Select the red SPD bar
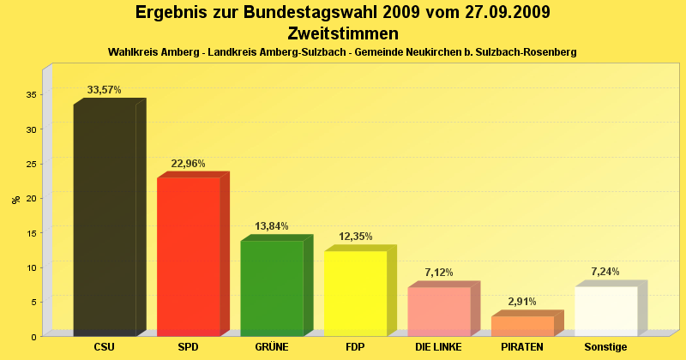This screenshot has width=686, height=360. pyautogui.click(x=189, y=256)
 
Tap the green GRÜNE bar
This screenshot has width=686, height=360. pyautogui.click(x=272, y=288)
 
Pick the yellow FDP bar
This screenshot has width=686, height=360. pyautogui.click(x=355, y=293)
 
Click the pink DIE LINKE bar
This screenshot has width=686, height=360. pyautogui.click(x=439, y=311)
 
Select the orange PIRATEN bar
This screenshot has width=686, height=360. pyautogui.click(x=522, y=326)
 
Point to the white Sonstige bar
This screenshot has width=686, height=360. pyautogui.click(x=605, y=311)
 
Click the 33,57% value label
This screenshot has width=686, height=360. pyautogui.click(x=105, y=89)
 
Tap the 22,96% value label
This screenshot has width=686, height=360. pyautogui.click(x=188, y=163)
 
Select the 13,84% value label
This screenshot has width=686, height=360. pyautogui.click(x=272, y=226)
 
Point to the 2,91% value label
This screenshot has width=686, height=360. pyautogui.click(x=522, y=302)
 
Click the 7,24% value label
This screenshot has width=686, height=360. pyautogui.click(x=605, y=272)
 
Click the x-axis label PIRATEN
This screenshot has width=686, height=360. pyautogui.click(x=522, y=347)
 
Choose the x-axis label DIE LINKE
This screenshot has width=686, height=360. pyautogui.click(x=438, y=347)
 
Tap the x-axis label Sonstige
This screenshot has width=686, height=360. pyautogui.click(x=605, y=347)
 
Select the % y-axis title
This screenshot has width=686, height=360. pyautogui.click(x=15, y=200)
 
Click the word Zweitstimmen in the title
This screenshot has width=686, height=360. pyautogui.click(x=343, y=33)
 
